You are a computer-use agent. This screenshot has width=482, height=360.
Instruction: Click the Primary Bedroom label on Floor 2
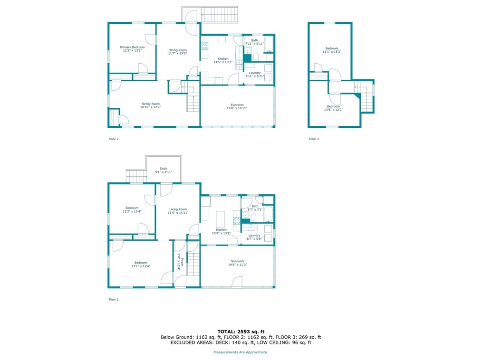coord(132,47)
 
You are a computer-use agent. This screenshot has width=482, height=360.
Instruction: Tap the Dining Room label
coord(177,50)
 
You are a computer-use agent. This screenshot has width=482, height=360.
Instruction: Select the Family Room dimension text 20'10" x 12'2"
coord(150,107)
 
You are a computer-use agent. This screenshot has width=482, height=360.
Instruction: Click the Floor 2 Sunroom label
coord(237,105)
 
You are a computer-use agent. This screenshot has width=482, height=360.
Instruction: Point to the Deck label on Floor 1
coord(163,169)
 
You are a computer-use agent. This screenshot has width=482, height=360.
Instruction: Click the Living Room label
coord(177,209)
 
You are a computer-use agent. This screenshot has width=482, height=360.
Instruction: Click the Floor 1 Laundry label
coord(254,236)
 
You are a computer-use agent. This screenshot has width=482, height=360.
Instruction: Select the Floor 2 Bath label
coord(254,40)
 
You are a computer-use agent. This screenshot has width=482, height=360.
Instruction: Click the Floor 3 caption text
coord(314,139)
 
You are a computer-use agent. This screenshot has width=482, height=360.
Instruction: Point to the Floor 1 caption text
coord(114,300)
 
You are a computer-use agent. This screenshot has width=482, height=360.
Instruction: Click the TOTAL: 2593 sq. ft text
coord(241,331)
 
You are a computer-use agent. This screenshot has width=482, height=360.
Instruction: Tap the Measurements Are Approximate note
coord(241,352)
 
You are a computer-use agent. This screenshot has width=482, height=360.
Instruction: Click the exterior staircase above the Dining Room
coord(219,15)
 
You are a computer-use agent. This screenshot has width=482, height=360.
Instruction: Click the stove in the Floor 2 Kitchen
coord(204,46)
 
